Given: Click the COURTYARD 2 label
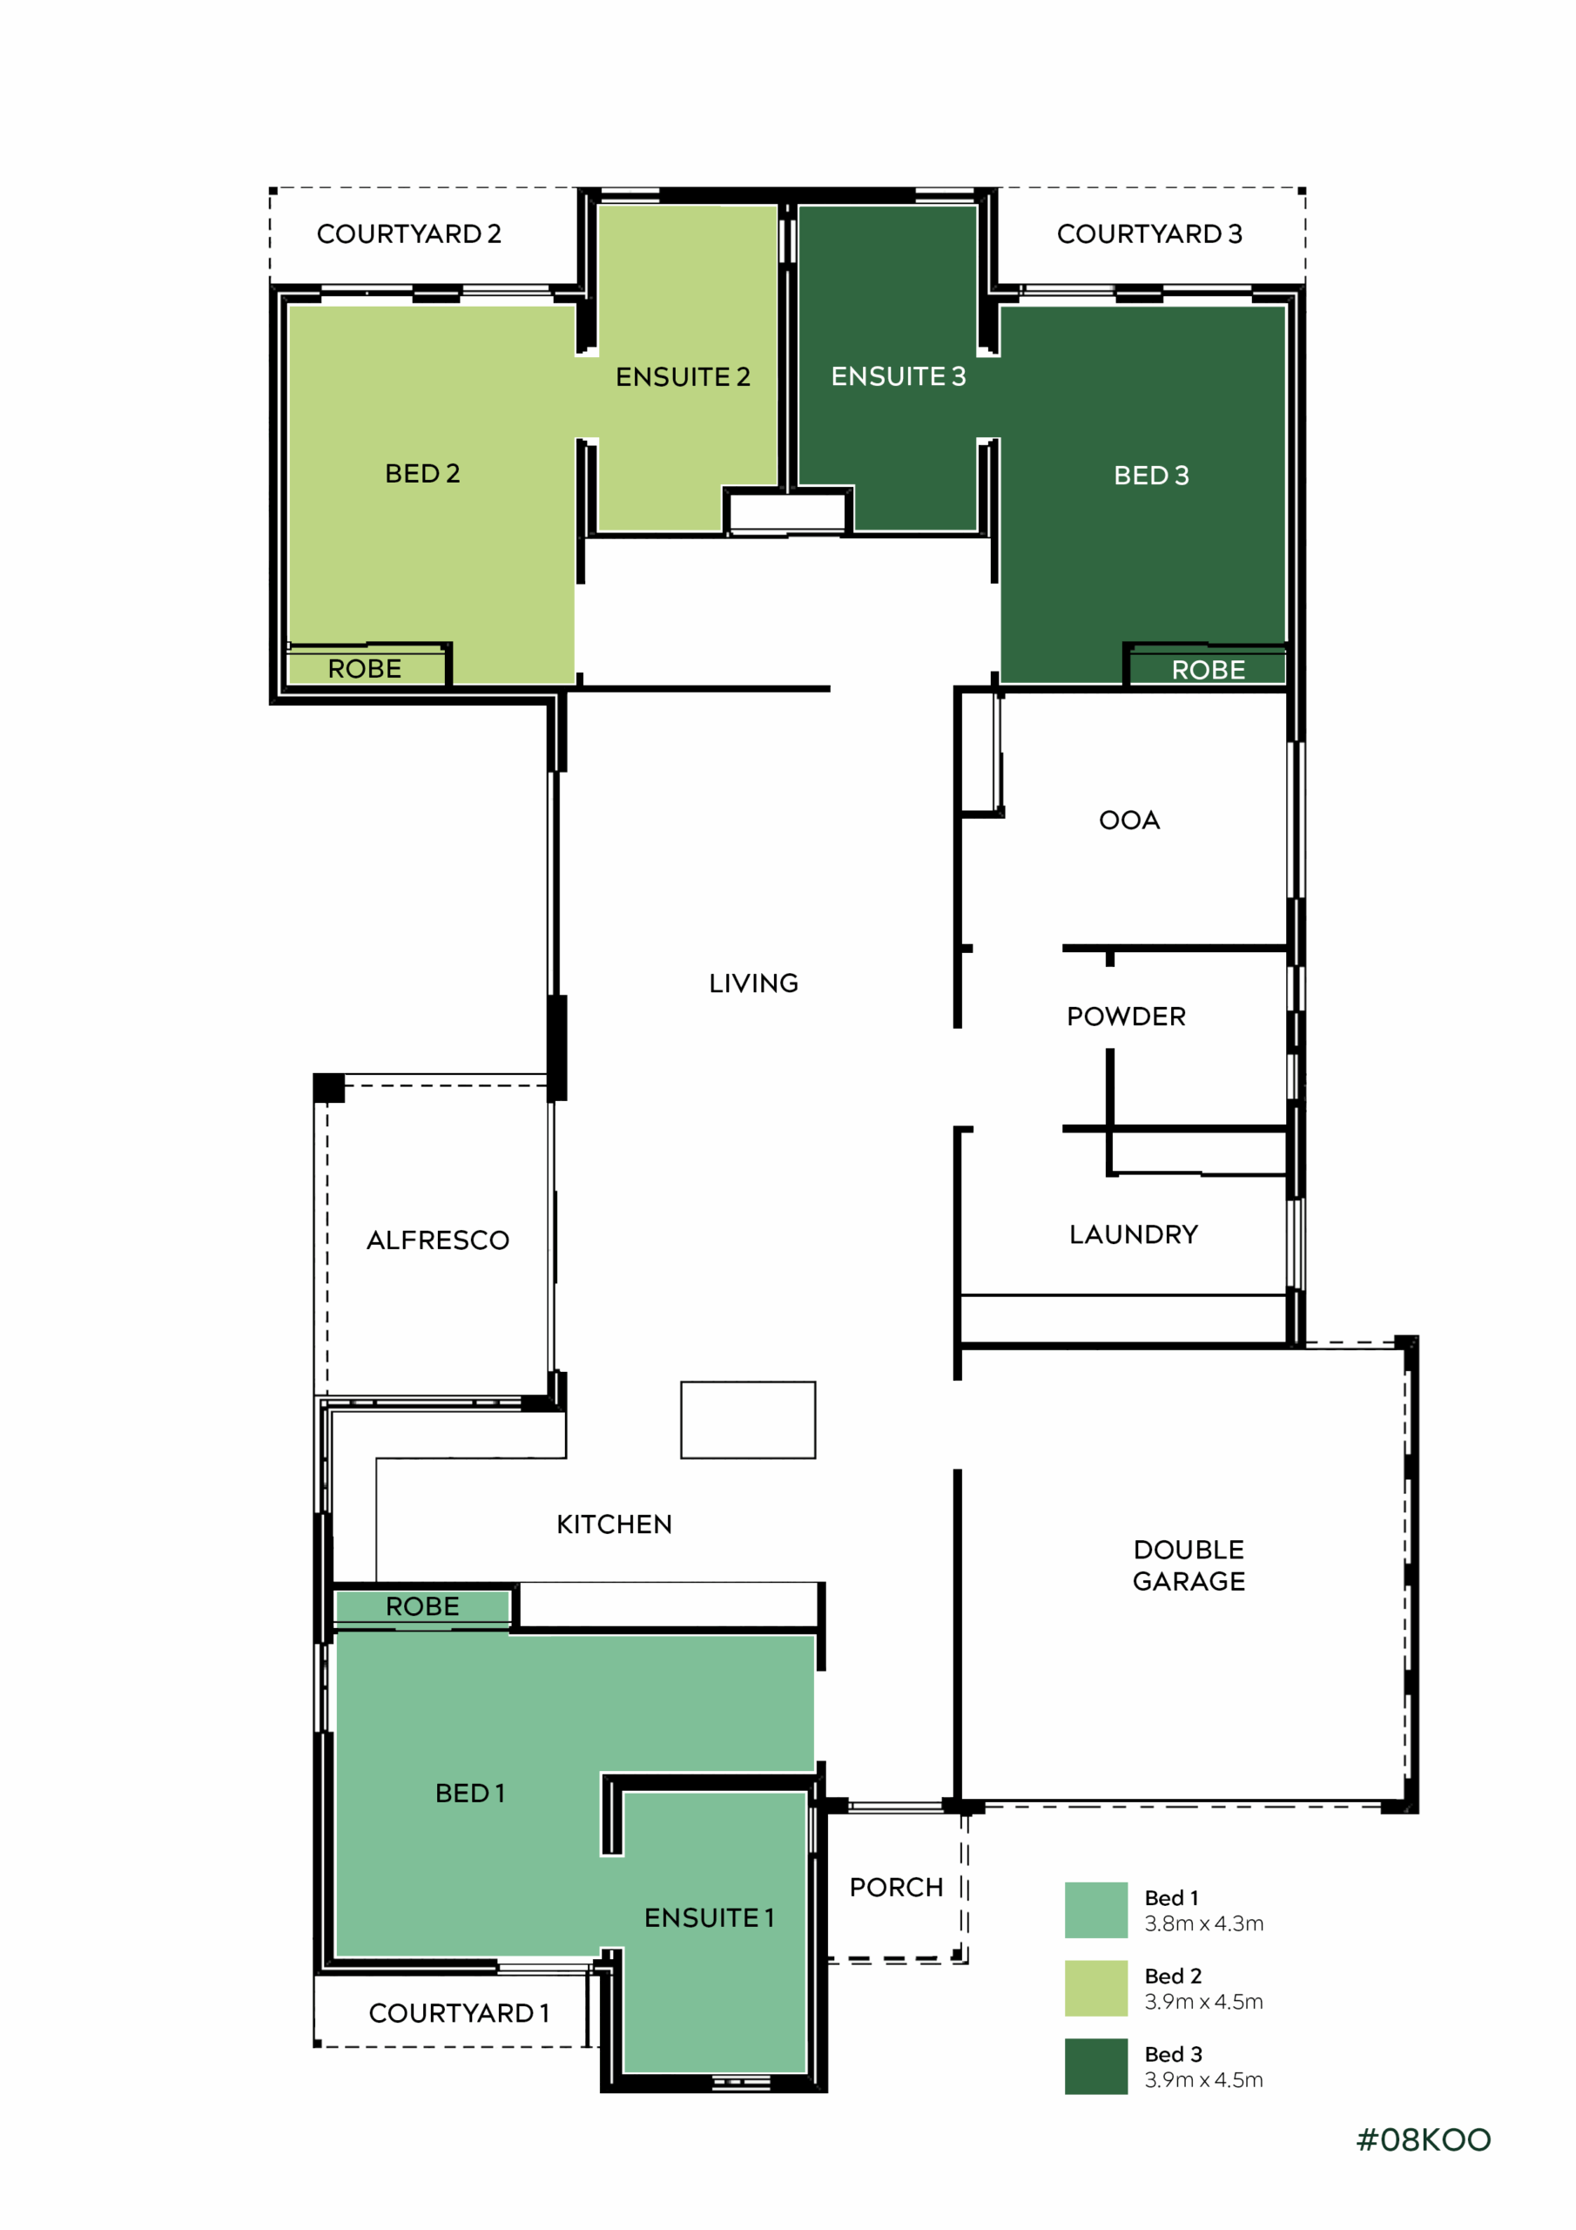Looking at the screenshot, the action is [x=409, y=234].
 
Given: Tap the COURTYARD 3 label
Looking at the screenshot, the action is [x=1149, y=234].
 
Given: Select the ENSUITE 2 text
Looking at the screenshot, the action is [x=683, y=377].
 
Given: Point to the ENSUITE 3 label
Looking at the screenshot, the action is [x=899, y=377].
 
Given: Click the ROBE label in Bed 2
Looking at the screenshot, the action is [x=364, y=669].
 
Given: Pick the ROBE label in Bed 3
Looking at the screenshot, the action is [x=1208, y=670].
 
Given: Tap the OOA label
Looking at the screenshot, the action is [x=1129, y=821].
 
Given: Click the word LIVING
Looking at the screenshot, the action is [x=753, y=983].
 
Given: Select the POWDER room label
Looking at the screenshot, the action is [x=1127, y=1017].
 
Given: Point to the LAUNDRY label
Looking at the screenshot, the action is [x=1133, y=1234].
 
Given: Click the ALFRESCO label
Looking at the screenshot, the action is [x=438, y=1240].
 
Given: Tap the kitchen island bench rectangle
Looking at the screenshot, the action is [x=748, y=1420].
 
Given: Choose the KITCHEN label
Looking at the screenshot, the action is [x=614, y=1525].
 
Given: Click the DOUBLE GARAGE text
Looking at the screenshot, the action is [x=1189, y=1565].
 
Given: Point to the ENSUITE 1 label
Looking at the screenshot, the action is [x=709, y=1918].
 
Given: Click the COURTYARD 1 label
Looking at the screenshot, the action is [x=459, y=2013].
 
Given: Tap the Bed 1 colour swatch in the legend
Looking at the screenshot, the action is [x=1096, y=1910].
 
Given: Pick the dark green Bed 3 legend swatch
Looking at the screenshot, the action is [x=1096, y=2067].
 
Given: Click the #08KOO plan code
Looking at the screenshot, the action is [x=1424, y=2140].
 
